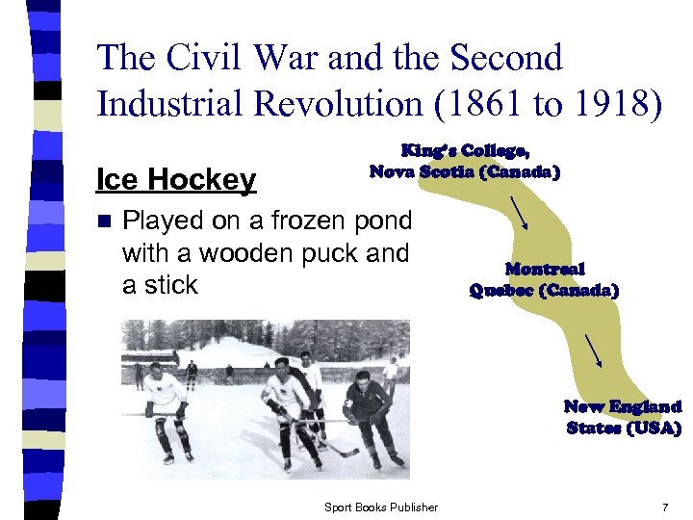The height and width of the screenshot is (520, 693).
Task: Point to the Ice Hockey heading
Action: [176, 179]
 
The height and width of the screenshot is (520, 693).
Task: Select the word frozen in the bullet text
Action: [295, 221]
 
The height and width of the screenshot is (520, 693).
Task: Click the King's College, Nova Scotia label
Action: [464, 161]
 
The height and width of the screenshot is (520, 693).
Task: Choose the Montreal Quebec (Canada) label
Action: [544, 279]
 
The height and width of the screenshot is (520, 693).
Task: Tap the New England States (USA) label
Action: [623, 417]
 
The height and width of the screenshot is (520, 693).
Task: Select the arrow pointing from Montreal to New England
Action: [595, 351]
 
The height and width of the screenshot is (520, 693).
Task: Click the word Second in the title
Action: [506, 59]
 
